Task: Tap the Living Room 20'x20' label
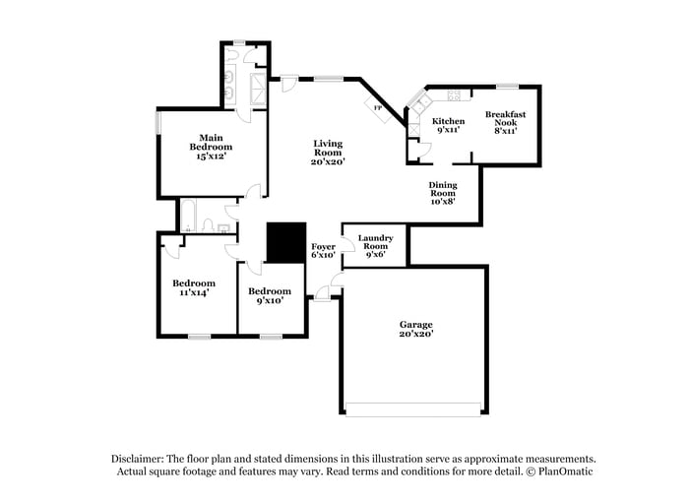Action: (329, 152)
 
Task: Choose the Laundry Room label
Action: (376, 245)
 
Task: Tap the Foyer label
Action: (324, 250)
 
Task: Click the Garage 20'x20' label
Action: (415, 329)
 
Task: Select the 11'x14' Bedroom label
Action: (194, 287)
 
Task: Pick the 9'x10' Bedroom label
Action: (269, 295)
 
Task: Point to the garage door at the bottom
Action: (413, 408)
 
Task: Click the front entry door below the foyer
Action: (323, 296)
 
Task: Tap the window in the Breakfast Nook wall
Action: (507, 87)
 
